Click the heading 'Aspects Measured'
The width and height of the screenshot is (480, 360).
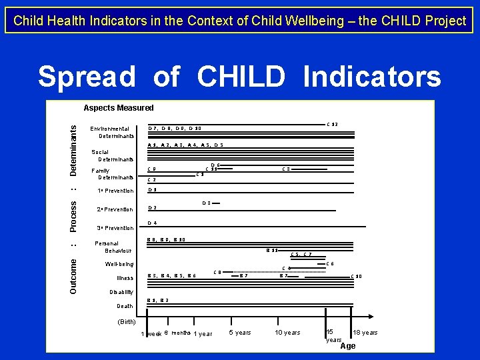coord(118,108)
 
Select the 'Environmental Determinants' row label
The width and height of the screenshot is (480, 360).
coord(112,132)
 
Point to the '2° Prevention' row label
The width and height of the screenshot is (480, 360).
coord(115,209)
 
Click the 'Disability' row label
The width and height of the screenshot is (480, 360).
coord(121,292)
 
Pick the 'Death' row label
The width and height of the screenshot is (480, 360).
coord(125,306)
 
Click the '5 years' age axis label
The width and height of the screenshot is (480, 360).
coord(240,333)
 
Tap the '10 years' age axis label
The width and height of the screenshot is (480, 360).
coord(287,333)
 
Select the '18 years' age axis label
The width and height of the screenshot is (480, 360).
coord(365,333)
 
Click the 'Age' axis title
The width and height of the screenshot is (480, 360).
coord(348,346)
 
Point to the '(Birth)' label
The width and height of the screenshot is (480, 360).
coord(127,321)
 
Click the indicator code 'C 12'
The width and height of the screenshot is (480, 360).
coord(331,125)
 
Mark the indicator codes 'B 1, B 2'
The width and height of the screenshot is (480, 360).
coord(157,301)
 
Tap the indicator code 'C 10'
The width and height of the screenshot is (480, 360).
coord(356,277)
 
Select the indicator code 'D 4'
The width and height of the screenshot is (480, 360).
coord(152,223)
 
